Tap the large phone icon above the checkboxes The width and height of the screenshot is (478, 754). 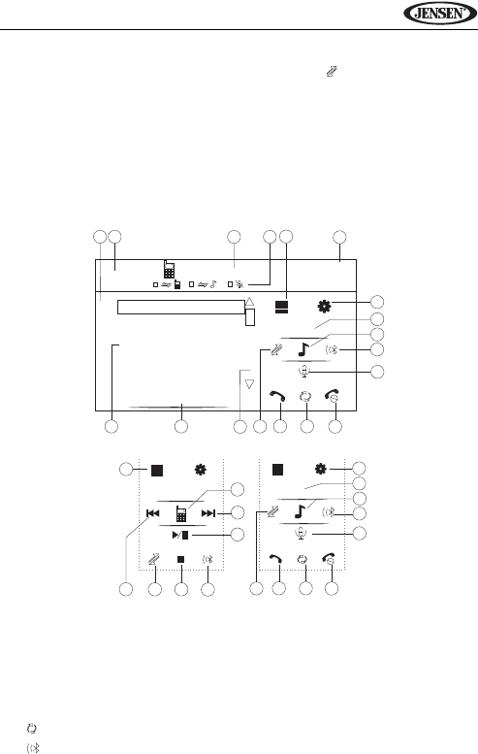[168, 269]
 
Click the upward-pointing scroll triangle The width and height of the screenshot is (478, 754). [249, 302]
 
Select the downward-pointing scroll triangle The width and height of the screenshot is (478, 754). [249, 383]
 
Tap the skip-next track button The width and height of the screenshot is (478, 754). [208, 513]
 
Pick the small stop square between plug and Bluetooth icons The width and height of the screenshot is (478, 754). [180, 559]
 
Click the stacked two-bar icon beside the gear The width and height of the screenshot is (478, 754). [282, 307]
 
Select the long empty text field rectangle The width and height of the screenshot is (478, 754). [181, 308]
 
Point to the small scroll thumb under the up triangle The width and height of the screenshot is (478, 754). [250, 317]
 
